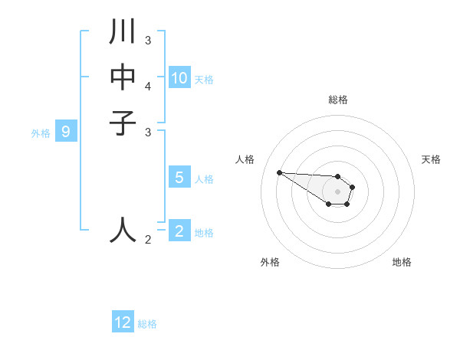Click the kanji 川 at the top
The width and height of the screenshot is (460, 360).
pos(123,33)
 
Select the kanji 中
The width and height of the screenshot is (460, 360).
pos(123,77)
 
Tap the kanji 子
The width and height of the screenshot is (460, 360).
pos(123,122)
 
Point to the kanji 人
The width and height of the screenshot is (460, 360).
pos(123,229)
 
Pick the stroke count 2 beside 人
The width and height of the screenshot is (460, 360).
pos(148,240)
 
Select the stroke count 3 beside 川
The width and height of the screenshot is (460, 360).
pos(148,40)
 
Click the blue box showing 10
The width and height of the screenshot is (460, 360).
pos(179,77)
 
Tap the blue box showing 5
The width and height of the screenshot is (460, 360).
pos(179,178)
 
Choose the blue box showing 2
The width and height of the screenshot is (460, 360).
pos(179,231)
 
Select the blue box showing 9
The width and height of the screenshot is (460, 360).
pos(66,132)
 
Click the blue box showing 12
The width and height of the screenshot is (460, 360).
pos(123,322)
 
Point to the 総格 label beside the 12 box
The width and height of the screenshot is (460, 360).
pos(147,324)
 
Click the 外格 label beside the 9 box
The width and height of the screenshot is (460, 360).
pos(41,133)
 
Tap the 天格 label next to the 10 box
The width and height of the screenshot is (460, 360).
pos(204,79)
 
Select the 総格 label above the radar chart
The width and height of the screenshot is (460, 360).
pos(337,100)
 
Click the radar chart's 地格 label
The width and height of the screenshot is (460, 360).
pos(402,262)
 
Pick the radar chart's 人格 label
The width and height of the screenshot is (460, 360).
pos(245,159)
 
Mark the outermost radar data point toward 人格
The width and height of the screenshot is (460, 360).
pos(279,172)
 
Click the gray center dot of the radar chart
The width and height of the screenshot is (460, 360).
pos(337,191)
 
